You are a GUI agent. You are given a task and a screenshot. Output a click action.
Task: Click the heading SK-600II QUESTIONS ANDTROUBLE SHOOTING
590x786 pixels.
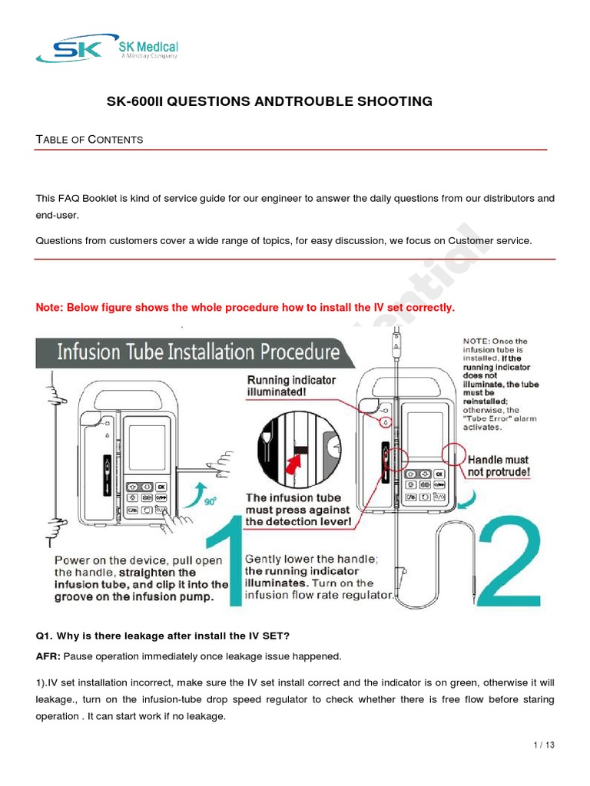(x=268, y=101)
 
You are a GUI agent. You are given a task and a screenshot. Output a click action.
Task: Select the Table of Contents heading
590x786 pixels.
(x=89, y=139)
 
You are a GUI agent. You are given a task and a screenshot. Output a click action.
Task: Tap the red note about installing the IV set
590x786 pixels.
(x=245, y=308)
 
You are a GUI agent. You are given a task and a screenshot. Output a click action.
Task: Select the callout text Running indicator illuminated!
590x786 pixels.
(x=291, y=386)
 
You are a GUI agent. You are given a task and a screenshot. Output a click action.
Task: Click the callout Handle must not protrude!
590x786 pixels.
(x=499, y=466)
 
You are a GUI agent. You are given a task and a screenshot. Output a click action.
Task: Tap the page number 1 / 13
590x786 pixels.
(x=542, y=745)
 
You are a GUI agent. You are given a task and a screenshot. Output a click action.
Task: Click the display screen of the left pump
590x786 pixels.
(x=146, y=447)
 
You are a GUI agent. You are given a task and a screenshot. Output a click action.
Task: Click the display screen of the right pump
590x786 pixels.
(x=425, y=434)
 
